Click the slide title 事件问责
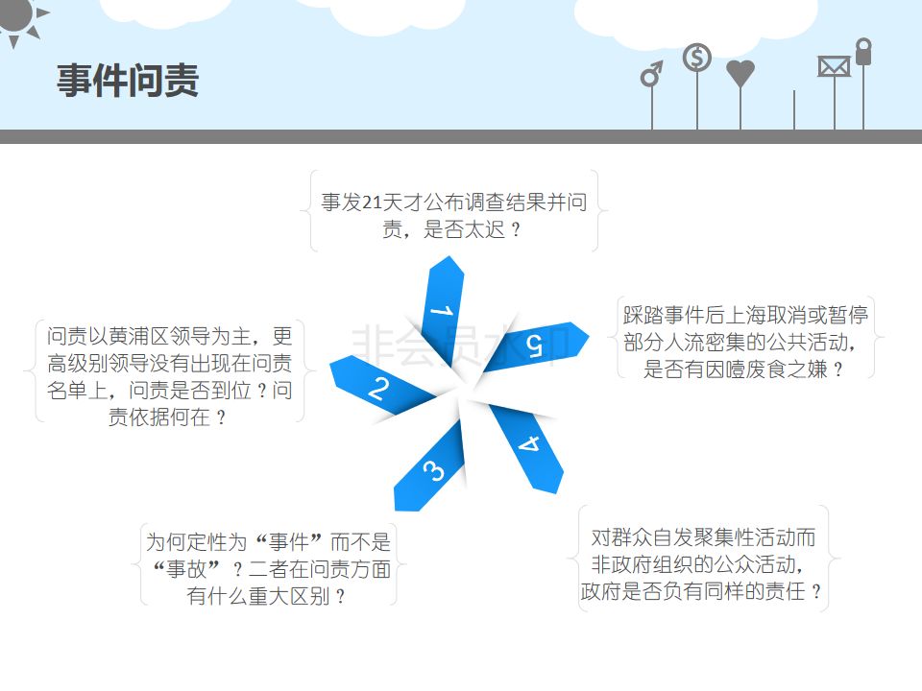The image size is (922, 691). [127, 81]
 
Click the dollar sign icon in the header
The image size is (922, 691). [697, 59]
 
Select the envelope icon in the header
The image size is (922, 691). [834, 66]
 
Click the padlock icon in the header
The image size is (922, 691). [863, 52]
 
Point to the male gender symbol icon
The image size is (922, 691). [652, 74]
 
